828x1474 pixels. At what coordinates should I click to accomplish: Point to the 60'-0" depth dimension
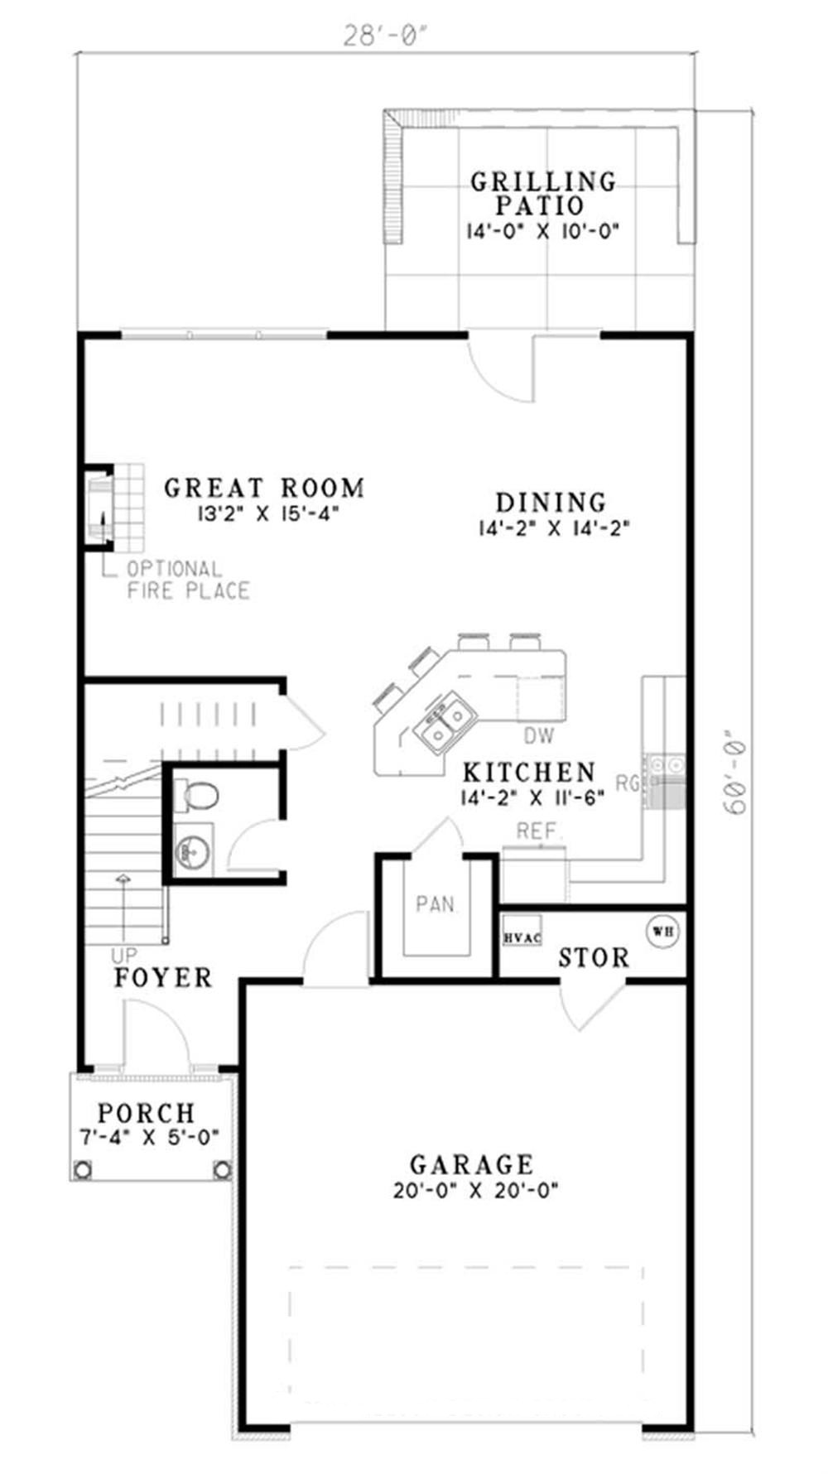coord(734,771)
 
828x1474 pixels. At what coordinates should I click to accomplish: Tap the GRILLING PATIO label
coord(543,192)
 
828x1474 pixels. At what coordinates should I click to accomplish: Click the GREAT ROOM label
coord(264,488)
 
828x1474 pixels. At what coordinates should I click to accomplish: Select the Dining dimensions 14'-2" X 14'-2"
coord(554,528)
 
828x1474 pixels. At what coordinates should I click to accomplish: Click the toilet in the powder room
coord(199,796)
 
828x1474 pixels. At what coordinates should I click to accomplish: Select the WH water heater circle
coord(663,930)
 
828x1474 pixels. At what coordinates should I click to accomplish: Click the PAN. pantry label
coord(436,903)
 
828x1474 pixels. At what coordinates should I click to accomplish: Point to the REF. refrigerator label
coord(539,831)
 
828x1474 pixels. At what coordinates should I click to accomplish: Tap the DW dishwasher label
coord(538,735)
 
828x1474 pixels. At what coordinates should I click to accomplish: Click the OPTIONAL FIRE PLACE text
coord(187,580)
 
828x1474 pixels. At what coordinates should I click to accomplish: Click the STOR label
coord(593,958)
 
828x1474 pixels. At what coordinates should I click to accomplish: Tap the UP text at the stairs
coord(123,956)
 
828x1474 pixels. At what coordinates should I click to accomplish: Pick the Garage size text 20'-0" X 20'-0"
coord(476,1191)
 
